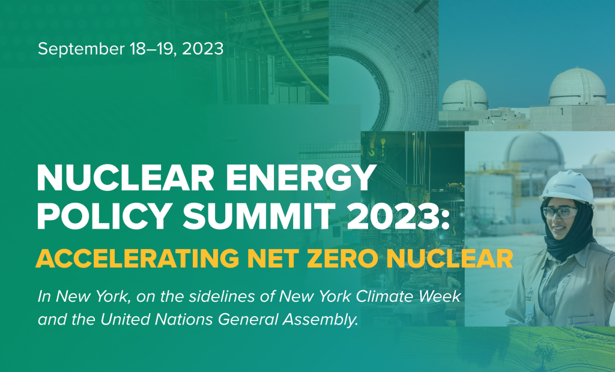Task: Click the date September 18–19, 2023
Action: pyautogui.click(x=130, y=49)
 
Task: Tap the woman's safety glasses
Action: pyautogui.click(x=559, y=212)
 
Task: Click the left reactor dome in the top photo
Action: pyautogui.click(x=464, y=96)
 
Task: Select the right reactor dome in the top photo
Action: pyautogui.click(x=577, y=88)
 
